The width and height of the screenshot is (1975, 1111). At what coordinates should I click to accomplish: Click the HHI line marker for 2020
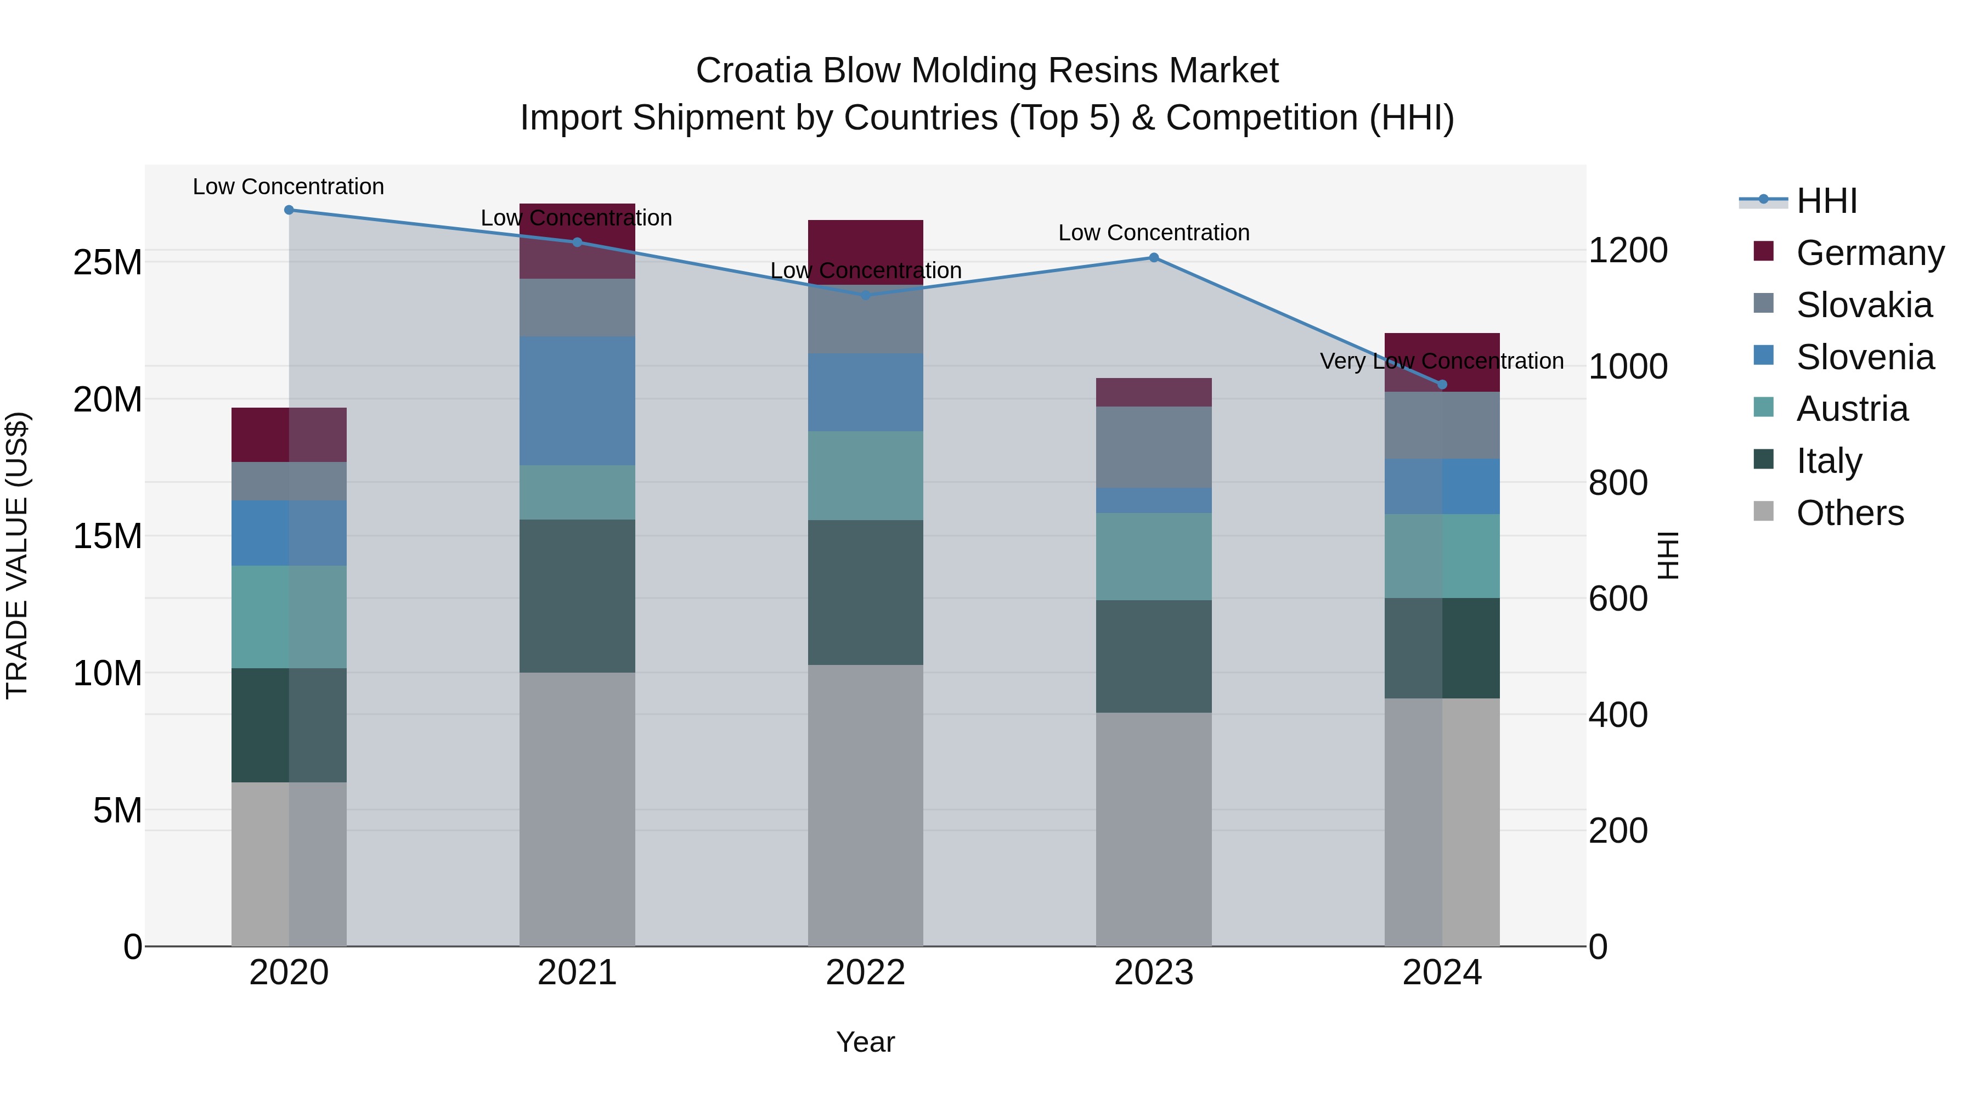tap(289, 210)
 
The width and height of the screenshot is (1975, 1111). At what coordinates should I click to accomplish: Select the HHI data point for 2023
tap(1154, 258)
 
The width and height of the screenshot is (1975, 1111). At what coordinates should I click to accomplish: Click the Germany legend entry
tap(1869, 253)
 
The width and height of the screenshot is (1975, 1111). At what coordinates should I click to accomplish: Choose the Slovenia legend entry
tap(1865, 357)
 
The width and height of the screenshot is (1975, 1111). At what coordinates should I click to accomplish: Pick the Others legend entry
tap(1849, 513)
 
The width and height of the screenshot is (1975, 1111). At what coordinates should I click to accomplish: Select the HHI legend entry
tap(1826, 201)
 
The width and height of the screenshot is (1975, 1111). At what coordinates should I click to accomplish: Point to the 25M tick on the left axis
tap(108, 263)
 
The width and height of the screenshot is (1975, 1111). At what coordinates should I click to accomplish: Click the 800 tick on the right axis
tap(1618, 483)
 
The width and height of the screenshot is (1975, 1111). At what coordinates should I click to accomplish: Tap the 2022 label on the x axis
tap(866, 973)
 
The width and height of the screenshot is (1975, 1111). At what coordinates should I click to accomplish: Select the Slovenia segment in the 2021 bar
tap(577, 401)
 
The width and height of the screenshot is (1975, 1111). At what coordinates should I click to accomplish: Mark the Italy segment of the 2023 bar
tap(1154, 656)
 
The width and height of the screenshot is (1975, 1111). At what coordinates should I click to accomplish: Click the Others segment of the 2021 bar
tap(577, 809)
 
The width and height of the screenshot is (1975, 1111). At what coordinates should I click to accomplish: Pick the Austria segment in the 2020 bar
tap(289, 617)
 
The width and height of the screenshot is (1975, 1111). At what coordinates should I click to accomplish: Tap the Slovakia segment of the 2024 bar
tap(1442, 426)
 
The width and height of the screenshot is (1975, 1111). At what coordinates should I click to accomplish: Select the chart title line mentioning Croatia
tap(987, 71)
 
